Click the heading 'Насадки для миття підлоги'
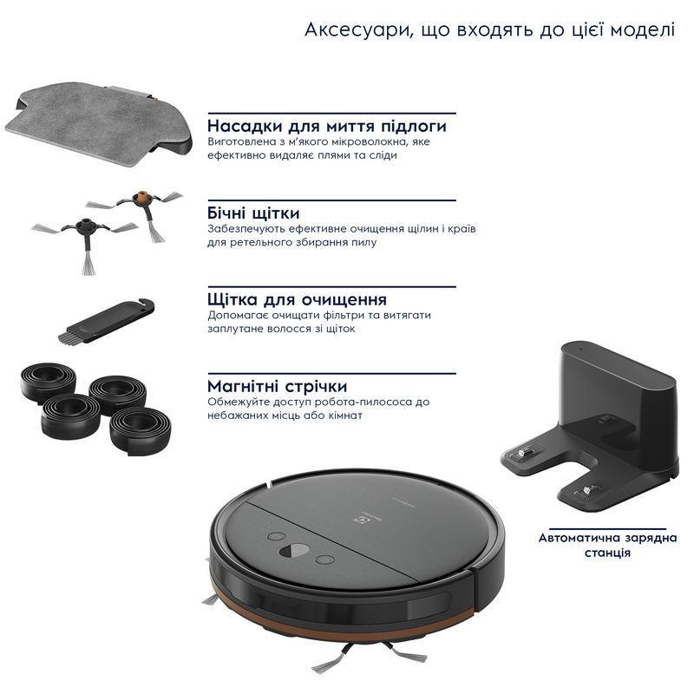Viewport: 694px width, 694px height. (x=327, y=126)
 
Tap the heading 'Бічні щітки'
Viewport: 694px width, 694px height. (x=253, y=213)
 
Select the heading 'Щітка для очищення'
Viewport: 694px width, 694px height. (x=297, y=299)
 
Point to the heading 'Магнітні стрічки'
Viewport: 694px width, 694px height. (x=277, y=386)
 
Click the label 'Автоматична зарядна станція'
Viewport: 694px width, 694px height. (x=607, y=546)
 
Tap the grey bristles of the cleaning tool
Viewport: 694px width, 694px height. (x=69, y=337)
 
